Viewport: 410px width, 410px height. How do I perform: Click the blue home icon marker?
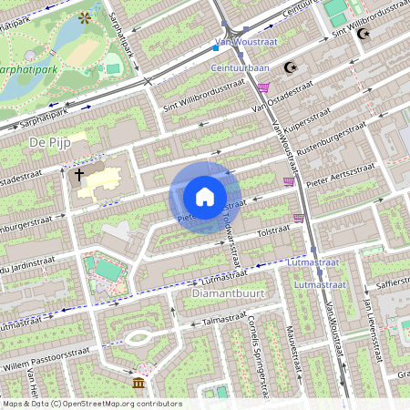[x=205, y=196]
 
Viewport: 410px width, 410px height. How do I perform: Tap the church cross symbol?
[x=79, y=174]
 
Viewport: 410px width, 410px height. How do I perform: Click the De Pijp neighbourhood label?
[x=49, y=142]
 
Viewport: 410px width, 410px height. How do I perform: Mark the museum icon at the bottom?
[x=138, y=383]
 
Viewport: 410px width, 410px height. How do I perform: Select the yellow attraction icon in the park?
[x=85, y=16]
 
